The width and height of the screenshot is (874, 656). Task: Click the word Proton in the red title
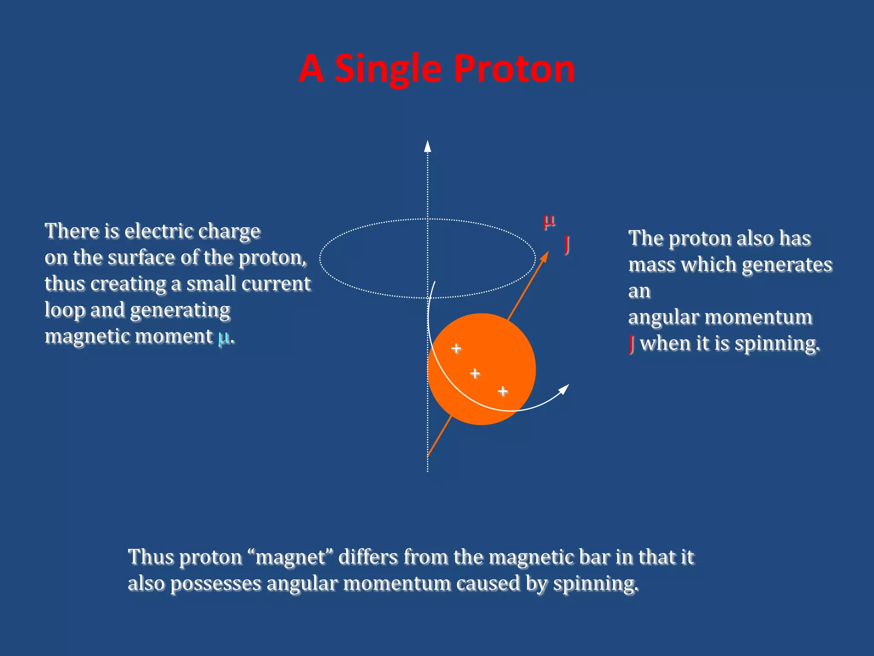[x=514, y=69]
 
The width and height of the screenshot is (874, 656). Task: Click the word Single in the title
[x=387, y=69]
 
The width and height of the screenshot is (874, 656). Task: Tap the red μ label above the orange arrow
[x=549, y=221]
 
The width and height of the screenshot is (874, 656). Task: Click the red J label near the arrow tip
[x=567, y=244]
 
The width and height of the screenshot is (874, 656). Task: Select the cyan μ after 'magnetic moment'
[x=223, y=337]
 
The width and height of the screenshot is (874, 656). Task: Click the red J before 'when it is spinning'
[x=632, y=343]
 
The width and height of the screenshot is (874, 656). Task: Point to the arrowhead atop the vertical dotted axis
[x=428, y=146]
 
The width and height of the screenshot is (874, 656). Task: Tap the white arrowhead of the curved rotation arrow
[x=564, y=389]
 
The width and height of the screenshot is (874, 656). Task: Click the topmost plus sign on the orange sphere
[x=456, y=348]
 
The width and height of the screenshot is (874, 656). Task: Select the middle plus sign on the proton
[x=475, y=374]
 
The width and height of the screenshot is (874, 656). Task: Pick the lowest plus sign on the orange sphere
[x=503, y=391]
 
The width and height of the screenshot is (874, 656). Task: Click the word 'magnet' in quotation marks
[x=290, y=557]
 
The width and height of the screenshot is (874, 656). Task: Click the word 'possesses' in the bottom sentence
[x=216, y=584]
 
